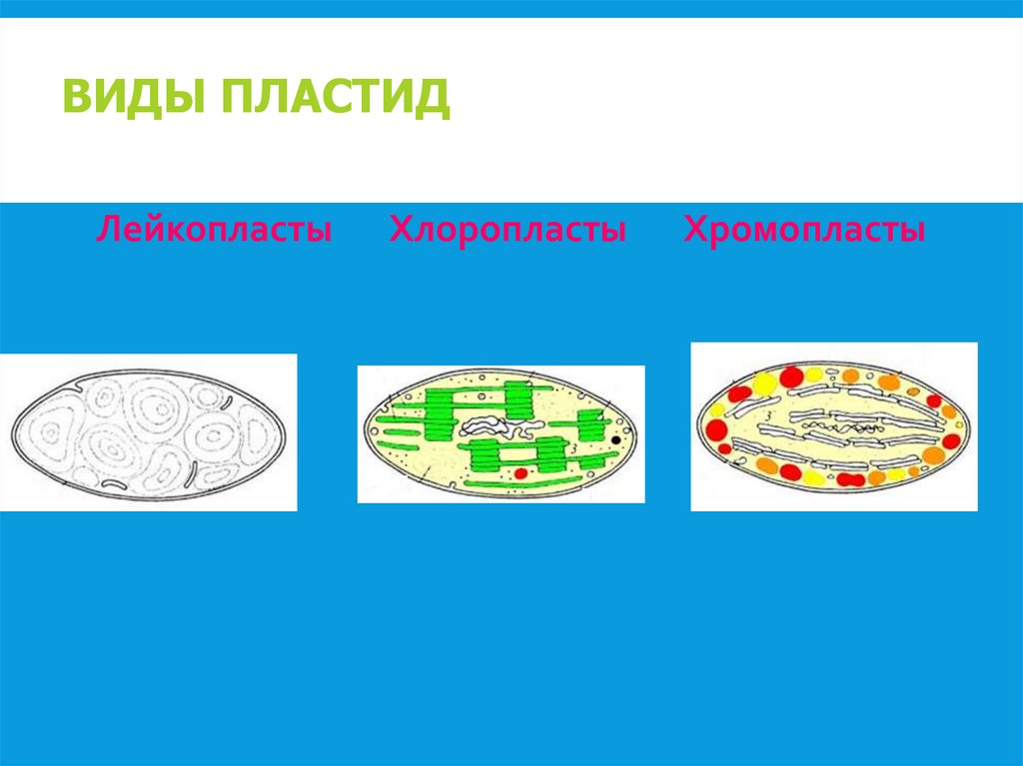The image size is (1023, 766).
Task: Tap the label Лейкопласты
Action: point(214,231)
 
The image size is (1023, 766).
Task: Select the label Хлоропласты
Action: point(508,231)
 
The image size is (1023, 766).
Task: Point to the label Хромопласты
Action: point(804,231)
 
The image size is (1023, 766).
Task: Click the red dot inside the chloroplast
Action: point(520,471)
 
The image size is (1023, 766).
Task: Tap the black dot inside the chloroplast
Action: point(615,438)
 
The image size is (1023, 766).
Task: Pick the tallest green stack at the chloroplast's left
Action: point(441,413)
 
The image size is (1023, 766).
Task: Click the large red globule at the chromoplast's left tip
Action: point(715,430)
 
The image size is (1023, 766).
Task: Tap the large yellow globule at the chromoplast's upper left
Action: point(764,383)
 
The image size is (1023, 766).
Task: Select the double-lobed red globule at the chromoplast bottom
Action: point(850,479)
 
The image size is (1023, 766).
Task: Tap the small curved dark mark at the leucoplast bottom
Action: point(114,483)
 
